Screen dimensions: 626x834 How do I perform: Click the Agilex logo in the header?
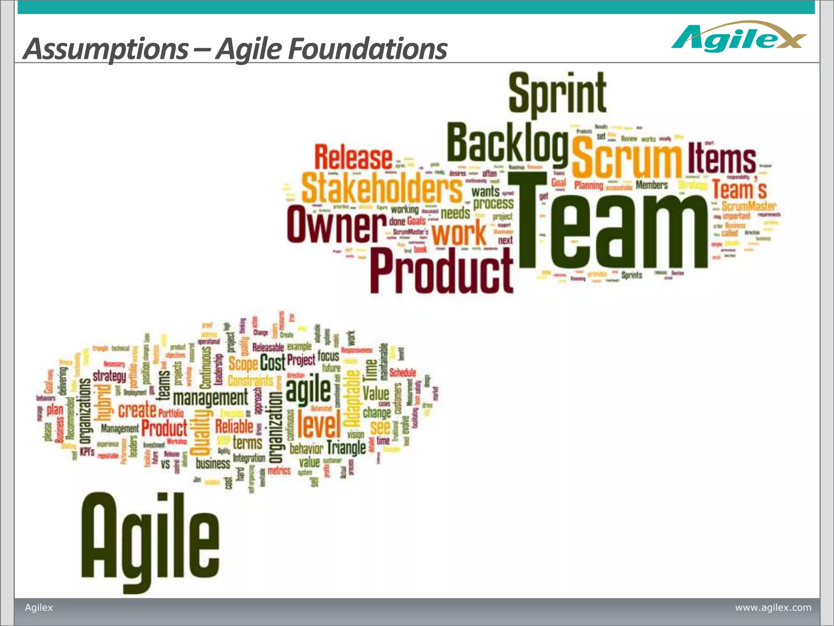point(738,37)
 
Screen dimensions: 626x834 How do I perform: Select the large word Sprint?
point(557,94)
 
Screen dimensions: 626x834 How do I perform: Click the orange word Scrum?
point(626,157)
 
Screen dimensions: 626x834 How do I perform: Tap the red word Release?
point(353,158)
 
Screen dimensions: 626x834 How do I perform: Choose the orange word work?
point(459,234)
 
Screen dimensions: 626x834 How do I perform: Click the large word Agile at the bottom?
point(150,538)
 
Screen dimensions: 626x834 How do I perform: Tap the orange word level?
point(319,424)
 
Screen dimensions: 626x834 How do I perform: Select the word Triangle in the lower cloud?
point(346,447)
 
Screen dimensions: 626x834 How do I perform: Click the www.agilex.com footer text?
point(773,608)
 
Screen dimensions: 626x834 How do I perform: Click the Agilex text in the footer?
point(39,608)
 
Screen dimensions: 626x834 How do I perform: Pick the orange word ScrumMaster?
point(748,206)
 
